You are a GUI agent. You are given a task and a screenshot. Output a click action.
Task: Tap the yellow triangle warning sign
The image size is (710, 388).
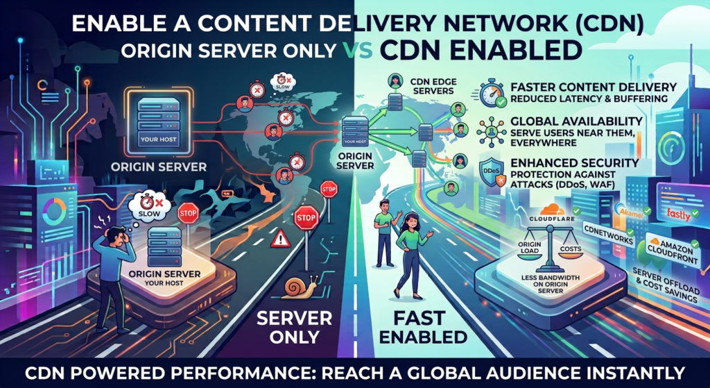[281, 238]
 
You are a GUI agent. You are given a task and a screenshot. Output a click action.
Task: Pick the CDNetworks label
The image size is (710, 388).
[607, 234]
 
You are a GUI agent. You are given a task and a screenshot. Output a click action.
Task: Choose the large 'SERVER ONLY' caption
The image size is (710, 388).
[293, 327]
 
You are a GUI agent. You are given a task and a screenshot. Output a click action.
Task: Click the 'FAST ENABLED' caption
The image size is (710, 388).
[430, 327]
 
